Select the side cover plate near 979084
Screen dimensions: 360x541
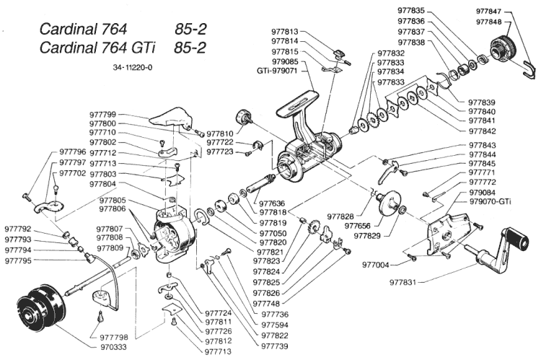tap(449, 235)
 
